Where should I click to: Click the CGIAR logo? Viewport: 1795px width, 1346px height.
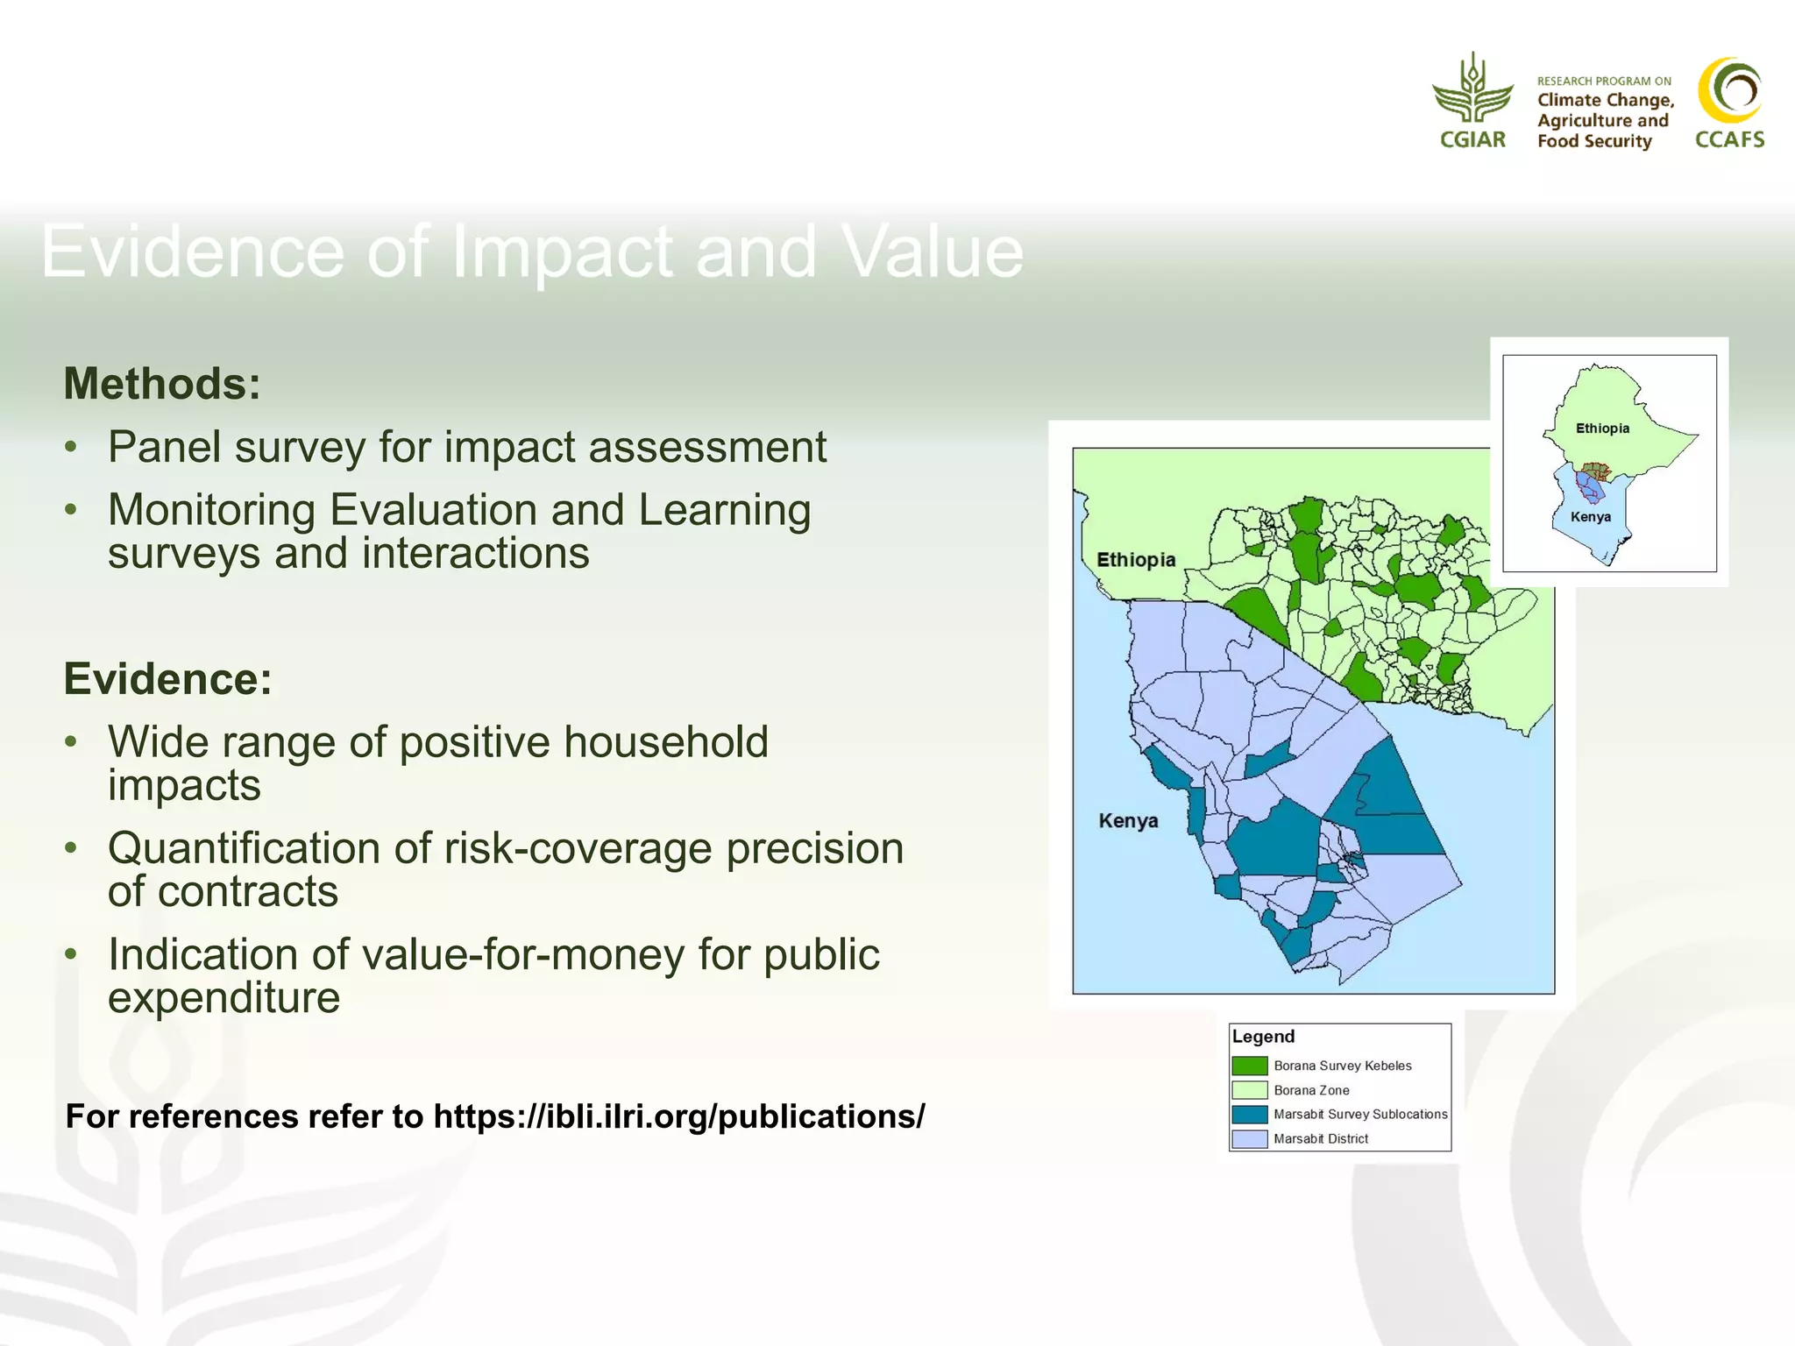[1472, 101]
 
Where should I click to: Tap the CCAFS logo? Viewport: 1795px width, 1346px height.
[1729, 103]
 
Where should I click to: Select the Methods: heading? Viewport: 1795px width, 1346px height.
[162, 384]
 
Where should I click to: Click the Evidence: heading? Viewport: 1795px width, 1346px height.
[167, 679]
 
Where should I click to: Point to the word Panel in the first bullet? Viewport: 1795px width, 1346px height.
[163, 447]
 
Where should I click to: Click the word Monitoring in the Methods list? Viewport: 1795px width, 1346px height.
[211, 510]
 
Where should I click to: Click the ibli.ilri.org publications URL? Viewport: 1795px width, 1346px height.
[679, 1116]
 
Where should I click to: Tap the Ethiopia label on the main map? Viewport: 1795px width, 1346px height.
[1136, 560]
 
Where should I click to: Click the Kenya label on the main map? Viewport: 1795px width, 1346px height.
[1128, 821]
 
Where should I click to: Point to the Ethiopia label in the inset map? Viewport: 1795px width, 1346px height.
[1602, 429]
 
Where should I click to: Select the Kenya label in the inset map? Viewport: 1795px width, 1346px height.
[1590, 517]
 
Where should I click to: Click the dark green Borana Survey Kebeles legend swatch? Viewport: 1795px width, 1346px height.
[1249, 1066]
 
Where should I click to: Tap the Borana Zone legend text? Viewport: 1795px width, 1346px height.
[1311, 1090]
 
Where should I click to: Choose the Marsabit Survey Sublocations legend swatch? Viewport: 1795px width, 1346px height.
[1249, 1115]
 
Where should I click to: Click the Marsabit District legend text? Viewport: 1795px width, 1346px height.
[1320, 1139]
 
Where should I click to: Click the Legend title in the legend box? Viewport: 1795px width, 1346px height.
[1263, 1037]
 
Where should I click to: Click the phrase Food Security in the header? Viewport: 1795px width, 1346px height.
[1593, 141]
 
